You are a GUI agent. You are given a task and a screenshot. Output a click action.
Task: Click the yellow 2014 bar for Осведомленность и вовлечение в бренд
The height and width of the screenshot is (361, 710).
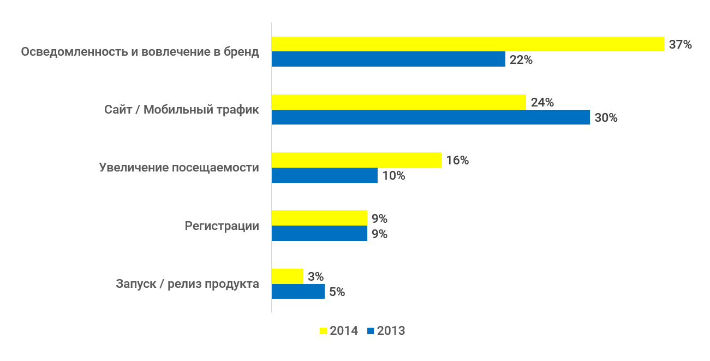tap(468, 44)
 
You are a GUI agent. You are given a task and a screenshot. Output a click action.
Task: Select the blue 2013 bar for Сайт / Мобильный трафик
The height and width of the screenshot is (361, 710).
tap(431, 117)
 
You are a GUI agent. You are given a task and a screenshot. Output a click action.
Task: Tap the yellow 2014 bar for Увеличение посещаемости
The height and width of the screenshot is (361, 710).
tap(356, 160)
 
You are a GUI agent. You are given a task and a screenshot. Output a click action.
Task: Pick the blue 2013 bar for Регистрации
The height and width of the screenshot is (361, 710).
tap(319, 234)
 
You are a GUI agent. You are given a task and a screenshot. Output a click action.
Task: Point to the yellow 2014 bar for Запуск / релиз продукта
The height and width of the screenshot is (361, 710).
tap(287, 276)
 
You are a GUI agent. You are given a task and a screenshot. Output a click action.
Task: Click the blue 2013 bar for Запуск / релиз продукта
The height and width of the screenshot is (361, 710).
tap(298, 292)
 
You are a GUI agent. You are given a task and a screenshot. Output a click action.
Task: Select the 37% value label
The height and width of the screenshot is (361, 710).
tap(680, 45)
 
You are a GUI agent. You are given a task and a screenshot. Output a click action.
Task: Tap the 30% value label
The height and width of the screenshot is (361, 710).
tap(606, 118)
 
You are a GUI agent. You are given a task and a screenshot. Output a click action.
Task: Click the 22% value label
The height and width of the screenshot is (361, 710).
tap(521, 60)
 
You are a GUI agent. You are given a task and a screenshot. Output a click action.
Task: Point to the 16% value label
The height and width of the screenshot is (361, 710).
tap(457, 161)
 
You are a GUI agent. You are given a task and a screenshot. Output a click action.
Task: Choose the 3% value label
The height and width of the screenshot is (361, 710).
tap(315, 277)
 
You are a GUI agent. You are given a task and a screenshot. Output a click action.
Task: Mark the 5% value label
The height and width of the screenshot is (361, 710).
tap(337, 292)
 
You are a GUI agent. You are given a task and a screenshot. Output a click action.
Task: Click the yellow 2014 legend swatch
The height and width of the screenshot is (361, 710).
tap(323, 331)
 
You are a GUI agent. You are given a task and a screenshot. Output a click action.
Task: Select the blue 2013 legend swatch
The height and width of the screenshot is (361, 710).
tap(371, 331)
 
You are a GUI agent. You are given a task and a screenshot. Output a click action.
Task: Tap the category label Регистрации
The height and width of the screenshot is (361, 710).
tap(222, 226)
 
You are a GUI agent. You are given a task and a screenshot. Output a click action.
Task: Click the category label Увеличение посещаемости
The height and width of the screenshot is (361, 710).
tap(179, 168)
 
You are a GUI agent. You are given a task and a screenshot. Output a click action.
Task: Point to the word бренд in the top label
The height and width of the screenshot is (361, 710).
tap(242, 52)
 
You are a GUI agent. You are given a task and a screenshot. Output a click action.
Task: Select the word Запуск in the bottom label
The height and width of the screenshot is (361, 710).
tap(134, 284)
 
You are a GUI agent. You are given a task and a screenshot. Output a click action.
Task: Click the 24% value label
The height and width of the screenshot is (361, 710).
tap(542, 103)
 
